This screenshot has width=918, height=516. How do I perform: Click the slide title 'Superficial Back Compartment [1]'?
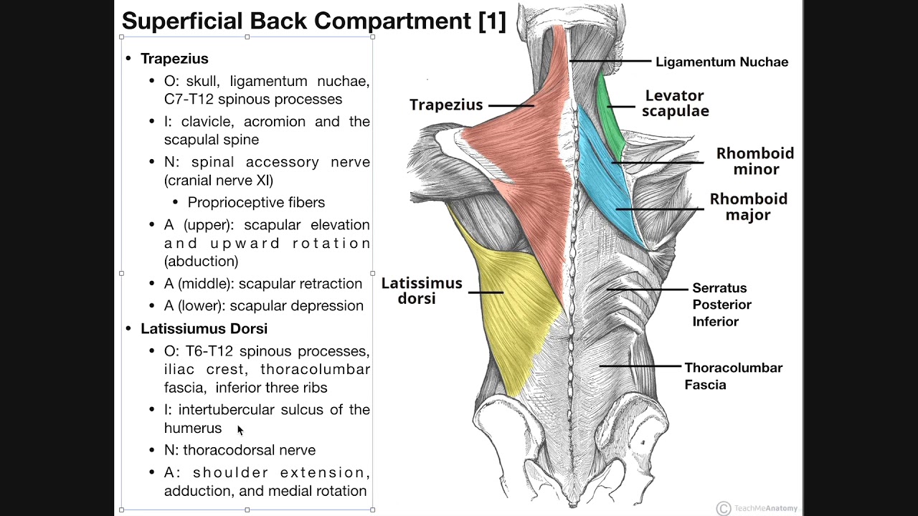point(313,21)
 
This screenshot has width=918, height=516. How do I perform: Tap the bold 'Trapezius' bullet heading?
point(174,59)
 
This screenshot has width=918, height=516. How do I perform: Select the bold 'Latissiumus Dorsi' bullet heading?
point(204,328)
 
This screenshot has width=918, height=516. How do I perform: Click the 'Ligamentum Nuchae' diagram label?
point(721,62)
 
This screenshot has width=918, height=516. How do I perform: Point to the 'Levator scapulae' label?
point(675,103)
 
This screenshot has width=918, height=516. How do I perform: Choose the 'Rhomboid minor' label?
point(755,161)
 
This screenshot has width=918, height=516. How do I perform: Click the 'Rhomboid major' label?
point(749,206)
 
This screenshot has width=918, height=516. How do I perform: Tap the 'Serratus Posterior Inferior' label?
point(721,305)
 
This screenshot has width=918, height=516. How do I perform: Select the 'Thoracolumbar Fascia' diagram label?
point(733,376)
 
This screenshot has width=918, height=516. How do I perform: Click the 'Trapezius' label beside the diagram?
point(446,105)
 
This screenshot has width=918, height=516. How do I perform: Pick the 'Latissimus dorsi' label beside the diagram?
point(422,290)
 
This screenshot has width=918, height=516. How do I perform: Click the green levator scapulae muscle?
point(610,115)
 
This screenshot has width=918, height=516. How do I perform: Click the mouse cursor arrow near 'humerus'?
point(240,429)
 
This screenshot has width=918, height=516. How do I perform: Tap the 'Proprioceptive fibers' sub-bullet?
point(256,203)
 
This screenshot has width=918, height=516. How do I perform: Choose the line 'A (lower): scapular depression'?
point(263,306)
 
